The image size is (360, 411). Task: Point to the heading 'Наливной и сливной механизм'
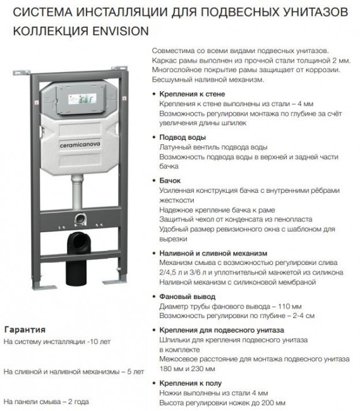213,253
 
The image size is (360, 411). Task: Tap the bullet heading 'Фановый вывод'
188,297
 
